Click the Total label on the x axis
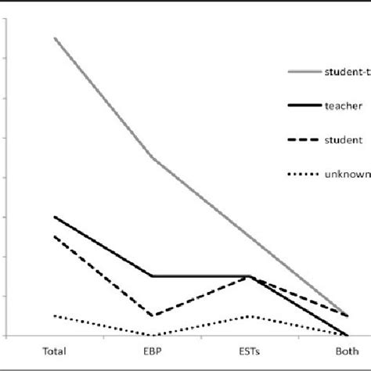55,351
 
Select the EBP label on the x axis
152,351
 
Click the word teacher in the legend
342,106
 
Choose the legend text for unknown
346,175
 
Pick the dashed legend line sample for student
303,140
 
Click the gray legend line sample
303,72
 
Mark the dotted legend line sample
303,175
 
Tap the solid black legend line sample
303,106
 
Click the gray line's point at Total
55,38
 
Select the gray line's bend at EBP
152,157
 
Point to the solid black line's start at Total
55,216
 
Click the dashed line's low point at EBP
152,315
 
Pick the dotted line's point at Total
55,315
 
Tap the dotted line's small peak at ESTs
249,315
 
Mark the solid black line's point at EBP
152,276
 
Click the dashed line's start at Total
55,236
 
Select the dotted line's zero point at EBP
152,335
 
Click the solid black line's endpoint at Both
345,335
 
